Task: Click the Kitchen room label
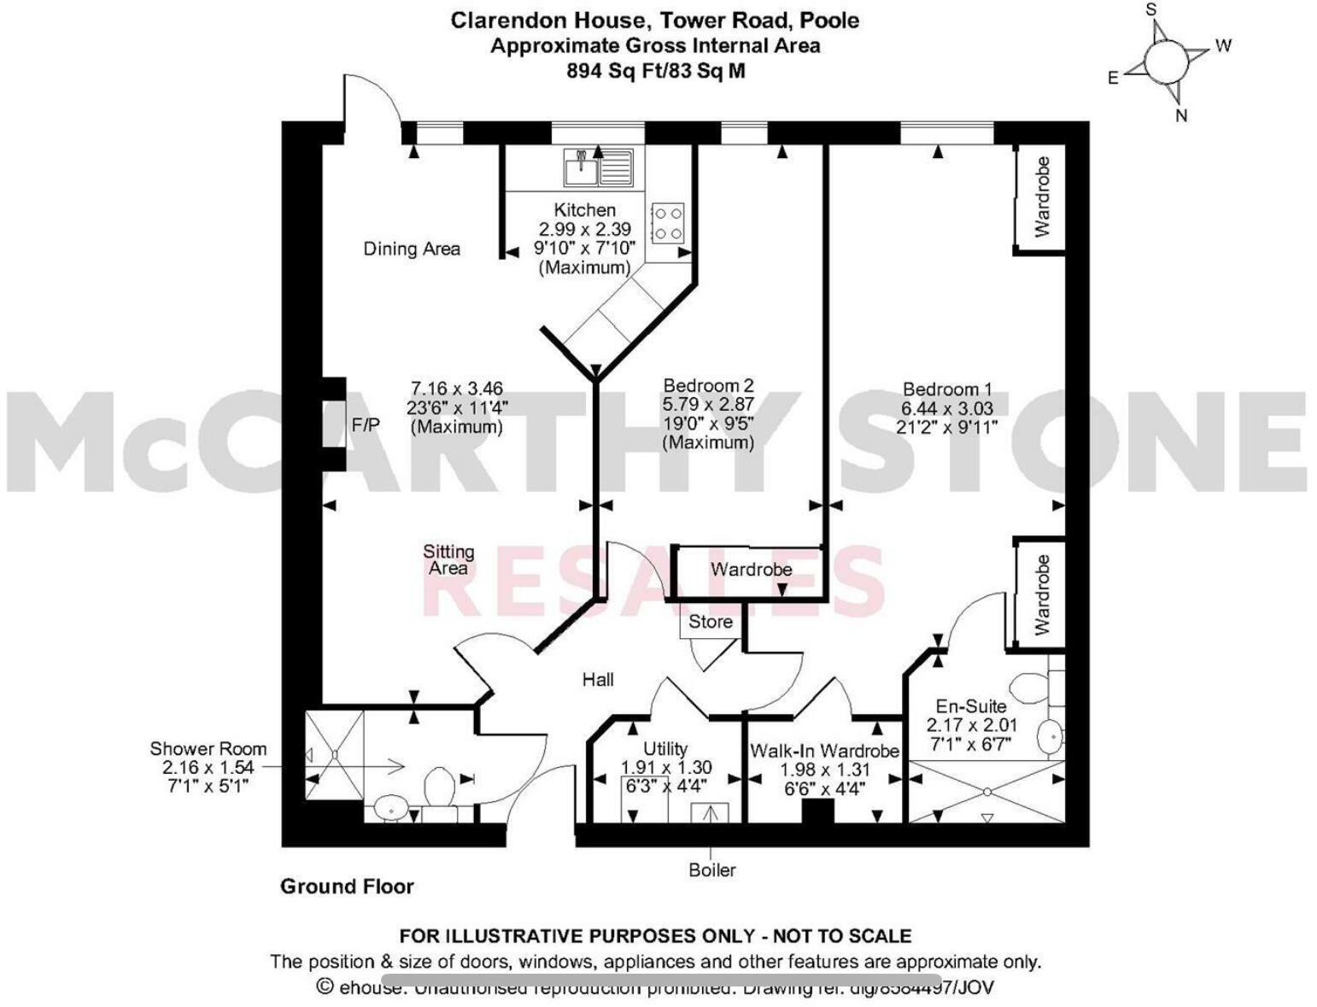click(x=584, y=210)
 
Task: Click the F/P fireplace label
click(x=366, y=424)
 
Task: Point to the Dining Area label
click(x=412, y=249)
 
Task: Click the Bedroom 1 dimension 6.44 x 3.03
click(x=947, y=408)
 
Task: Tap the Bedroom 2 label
click(x=708, y=386)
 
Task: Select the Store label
click(x=711, y=622)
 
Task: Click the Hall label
click(x=598, y=680)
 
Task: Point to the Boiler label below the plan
click(x=712, y=870)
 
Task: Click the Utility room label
click(x=665, y=749)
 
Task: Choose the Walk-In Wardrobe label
click(x=824, y=752)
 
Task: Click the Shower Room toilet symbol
click(x=440, y=785)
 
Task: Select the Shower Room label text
click(x=208, y=749)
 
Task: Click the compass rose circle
click(x=1165, y=61)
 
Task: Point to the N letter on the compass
click(x=1182, y=115)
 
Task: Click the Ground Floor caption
click(x=347, y=887)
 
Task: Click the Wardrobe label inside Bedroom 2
click(x=752, y=570)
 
